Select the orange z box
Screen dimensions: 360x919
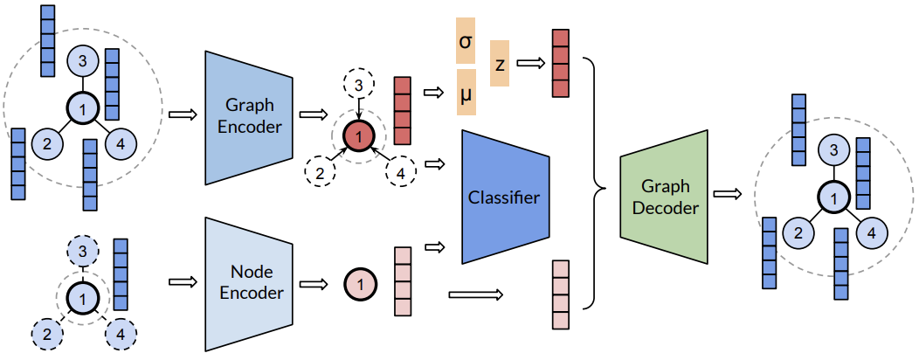pyautogui.click(x=500, y=64)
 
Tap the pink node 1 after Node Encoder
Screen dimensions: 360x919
pyautogui.click(x=360, y=282)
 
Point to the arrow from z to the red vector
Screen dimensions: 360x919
pyautogui.click(x=529, y=63)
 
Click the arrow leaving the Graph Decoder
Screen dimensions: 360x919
pyautogui.click(x=727, y=194)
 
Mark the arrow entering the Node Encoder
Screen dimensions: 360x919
pyautogui.click(x=182, y=281)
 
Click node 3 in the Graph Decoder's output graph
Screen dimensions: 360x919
pyautogui.click(x=833, y=151)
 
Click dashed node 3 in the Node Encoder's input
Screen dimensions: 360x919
pyautogui.click(x=82, y=251)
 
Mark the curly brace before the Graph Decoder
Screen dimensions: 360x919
pyautogui.click(x=598, y=183)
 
